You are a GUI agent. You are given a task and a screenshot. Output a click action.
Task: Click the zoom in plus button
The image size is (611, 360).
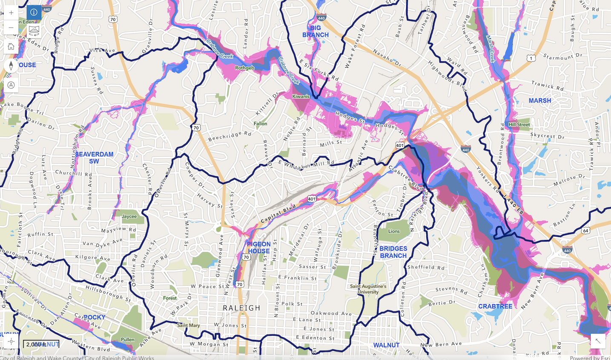pos(11,12)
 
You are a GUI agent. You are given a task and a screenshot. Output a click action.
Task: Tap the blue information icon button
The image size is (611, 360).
pos(34,12)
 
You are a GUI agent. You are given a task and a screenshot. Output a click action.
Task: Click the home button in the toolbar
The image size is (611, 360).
pos(11,46)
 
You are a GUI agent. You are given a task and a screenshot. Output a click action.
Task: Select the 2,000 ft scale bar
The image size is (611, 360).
pos(41,344)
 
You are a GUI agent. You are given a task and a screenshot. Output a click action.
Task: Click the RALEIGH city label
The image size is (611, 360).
pos(241,308)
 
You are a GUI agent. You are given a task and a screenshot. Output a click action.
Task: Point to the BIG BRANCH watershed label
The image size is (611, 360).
pos(316,31)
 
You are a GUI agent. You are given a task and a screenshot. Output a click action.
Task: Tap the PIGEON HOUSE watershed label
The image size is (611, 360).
pos(259,248)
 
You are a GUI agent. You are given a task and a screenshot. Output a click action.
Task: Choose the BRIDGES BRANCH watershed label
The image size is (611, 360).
pos(393,252)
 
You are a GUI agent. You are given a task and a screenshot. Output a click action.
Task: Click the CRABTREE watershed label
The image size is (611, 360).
pos(495,306)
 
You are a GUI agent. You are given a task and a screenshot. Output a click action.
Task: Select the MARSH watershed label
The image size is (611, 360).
pos(539,100)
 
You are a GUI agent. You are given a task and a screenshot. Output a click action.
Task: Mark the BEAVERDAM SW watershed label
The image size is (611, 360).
pos(94,157)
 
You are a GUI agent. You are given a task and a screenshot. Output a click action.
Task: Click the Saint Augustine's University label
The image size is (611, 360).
pos(368,289)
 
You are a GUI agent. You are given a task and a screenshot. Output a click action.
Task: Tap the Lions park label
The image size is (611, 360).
pos(394,231)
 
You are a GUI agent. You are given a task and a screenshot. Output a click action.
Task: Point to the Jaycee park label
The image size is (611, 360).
pos(129,216)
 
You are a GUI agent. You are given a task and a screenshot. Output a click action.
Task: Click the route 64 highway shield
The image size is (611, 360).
pos(586,231)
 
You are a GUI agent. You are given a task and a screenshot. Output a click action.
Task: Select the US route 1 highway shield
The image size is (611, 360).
pos(531,58)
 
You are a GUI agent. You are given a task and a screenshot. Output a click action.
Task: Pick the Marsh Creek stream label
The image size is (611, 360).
pos(491,49)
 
